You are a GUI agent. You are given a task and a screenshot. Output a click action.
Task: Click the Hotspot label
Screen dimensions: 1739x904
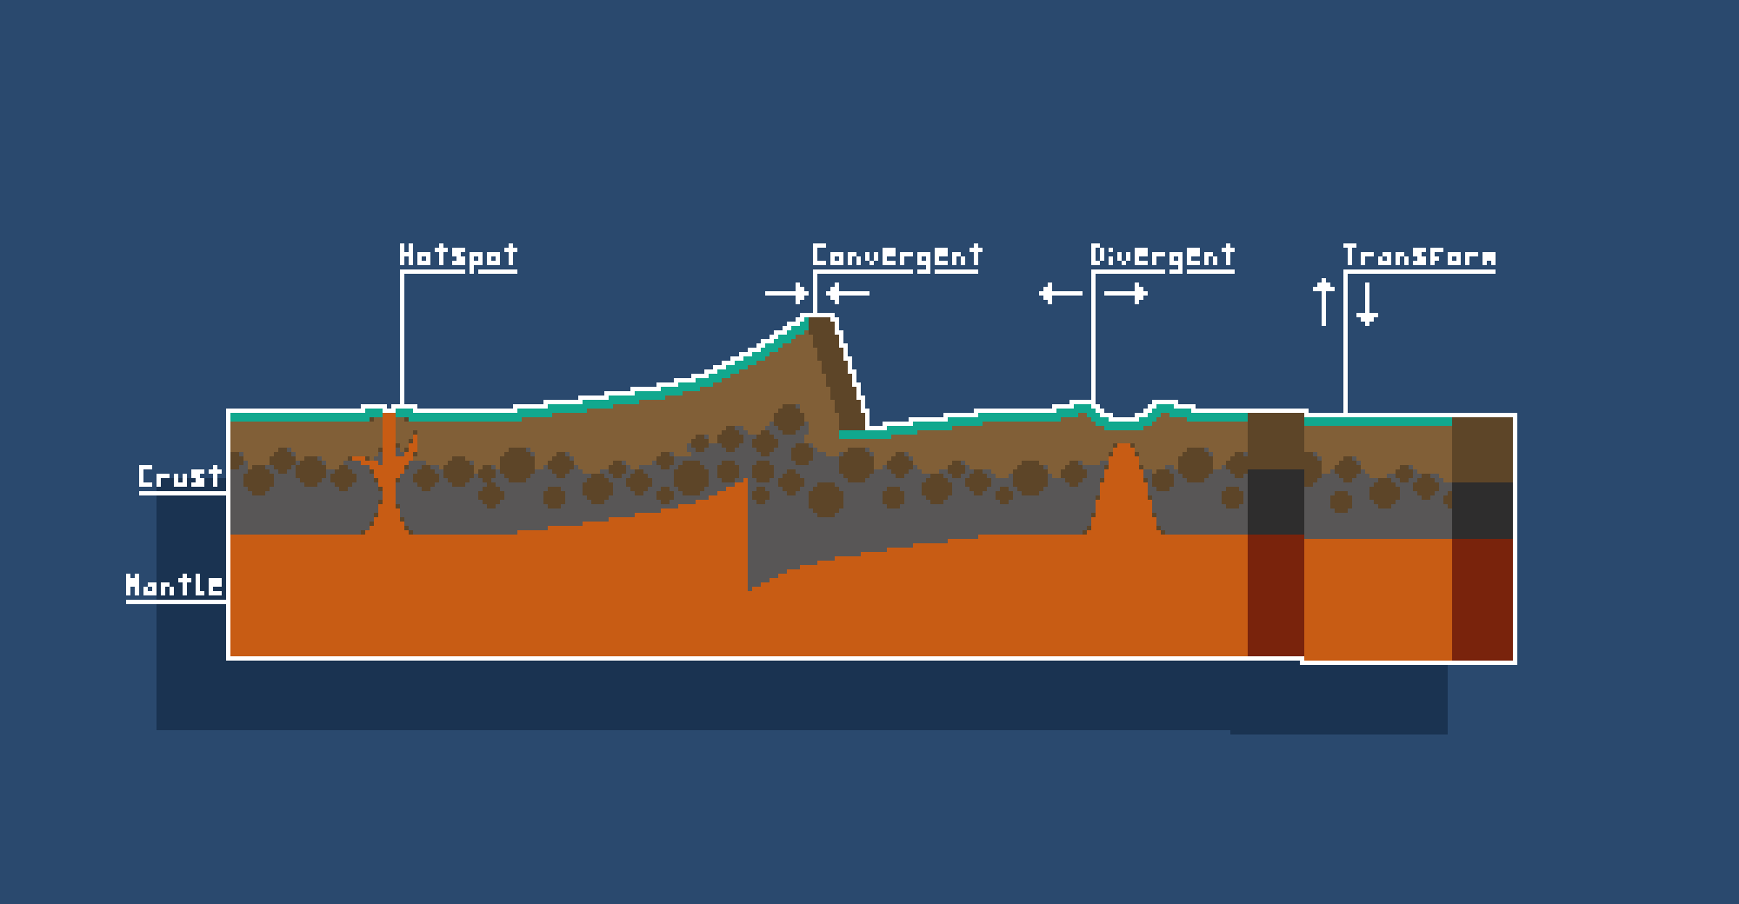[x=458, y=256]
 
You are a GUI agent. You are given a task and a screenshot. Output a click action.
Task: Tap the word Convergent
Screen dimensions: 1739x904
[x=896, y=256]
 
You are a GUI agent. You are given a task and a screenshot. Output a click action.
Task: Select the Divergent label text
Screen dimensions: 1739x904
[x=1163, y=256]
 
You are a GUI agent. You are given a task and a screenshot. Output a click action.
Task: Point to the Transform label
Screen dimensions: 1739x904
[x=1419, y=256]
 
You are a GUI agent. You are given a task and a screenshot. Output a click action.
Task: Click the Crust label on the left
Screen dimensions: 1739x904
[x=180, y=476]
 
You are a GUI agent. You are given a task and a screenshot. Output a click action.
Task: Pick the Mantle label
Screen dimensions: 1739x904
[x=174, y=585]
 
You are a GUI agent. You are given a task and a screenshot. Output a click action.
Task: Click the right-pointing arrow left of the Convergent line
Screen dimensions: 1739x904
[x=787, y=293]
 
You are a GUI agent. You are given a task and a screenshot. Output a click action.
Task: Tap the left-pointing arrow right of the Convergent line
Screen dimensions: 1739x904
[x=848, y=293]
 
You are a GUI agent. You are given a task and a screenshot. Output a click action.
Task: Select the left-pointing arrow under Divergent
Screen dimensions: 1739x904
[x=1061, y=293]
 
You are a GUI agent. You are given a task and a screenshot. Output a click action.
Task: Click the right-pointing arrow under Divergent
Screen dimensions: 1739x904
[x=1126, y=293]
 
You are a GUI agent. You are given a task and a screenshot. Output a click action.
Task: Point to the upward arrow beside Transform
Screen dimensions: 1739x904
[x=1323, y=302]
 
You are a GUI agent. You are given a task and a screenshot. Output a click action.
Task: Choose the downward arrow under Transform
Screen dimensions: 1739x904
[x=1367, y=304]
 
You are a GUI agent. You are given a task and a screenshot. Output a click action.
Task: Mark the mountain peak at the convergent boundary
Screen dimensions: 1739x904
[x=820, y=318]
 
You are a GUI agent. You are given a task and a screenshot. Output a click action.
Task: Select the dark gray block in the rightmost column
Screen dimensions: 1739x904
[x=1482, y=510]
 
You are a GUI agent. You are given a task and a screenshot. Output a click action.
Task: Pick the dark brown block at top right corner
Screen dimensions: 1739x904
[x=1482, y=449]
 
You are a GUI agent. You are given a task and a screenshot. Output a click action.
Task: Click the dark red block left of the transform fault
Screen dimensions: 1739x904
[x=1276, y=595]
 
